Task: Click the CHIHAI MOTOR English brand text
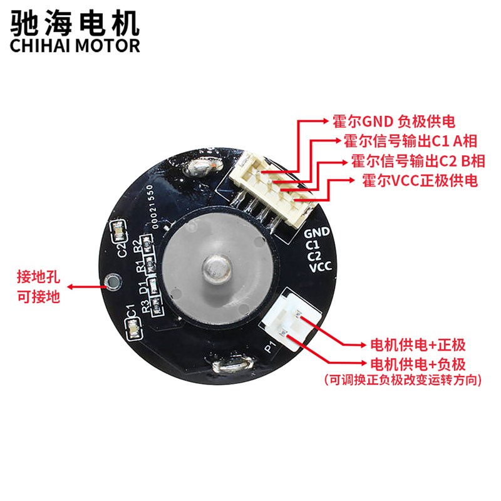click(x=74, y=46)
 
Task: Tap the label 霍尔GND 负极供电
click(x=393, y=121)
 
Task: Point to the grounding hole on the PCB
click(x=113, y=282)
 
